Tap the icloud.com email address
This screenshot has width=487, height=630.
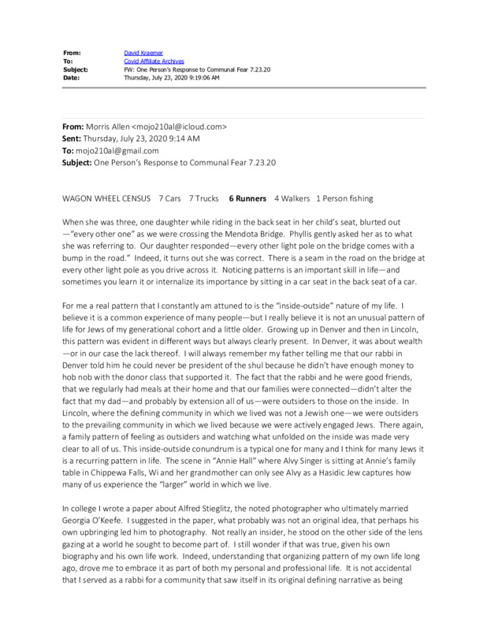182,126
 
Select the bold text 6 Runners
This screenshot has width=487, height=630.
247,198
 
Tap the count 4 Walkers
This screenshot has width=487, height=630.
291,198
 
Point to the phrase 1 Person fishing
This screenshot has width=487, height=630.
344,198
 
